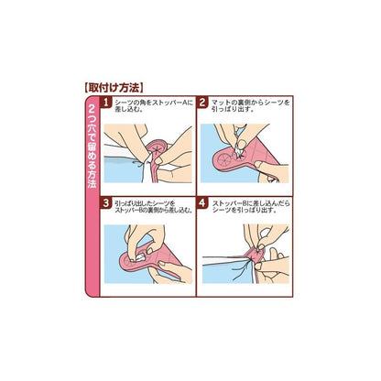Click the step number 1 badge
[105, 103]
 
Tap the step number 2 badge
[202, 103]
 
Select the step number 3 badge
[105, 203]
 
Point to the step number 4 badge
[202, 203]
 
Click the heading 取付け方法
[113, 88]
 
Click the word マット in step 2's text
[220, 103]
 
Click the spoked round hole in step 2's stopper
[223, 159]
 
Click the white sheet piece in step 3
[140, 258]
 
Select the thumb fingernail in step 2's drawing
[243, 144]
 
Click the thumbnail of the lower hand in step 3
[162, 264]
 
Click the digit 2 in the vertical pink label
[92, 109]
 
